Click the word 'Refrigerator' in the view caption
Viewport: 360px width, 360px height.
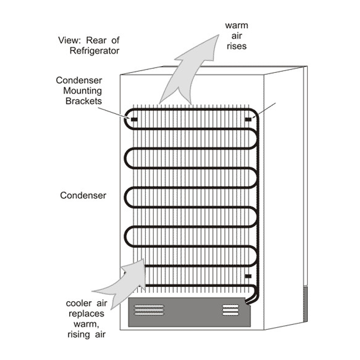point(94,51)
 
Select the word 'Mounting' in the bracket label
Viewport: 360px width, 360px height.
point(85,91)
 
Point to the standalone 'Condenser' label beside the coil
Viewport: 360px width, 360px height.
point(83,196)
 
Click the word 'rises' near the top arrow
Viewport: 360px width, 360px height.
point(236,46)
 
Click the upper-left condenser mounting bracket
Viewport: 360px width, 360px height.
point(134,119)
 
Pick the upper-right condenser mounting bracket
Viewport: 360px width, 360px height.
point(248,119)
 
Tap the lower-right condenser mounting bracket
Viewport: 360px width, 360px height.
point(248,275)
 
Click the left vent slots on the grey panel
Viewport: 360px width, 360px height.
point(149,310)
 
